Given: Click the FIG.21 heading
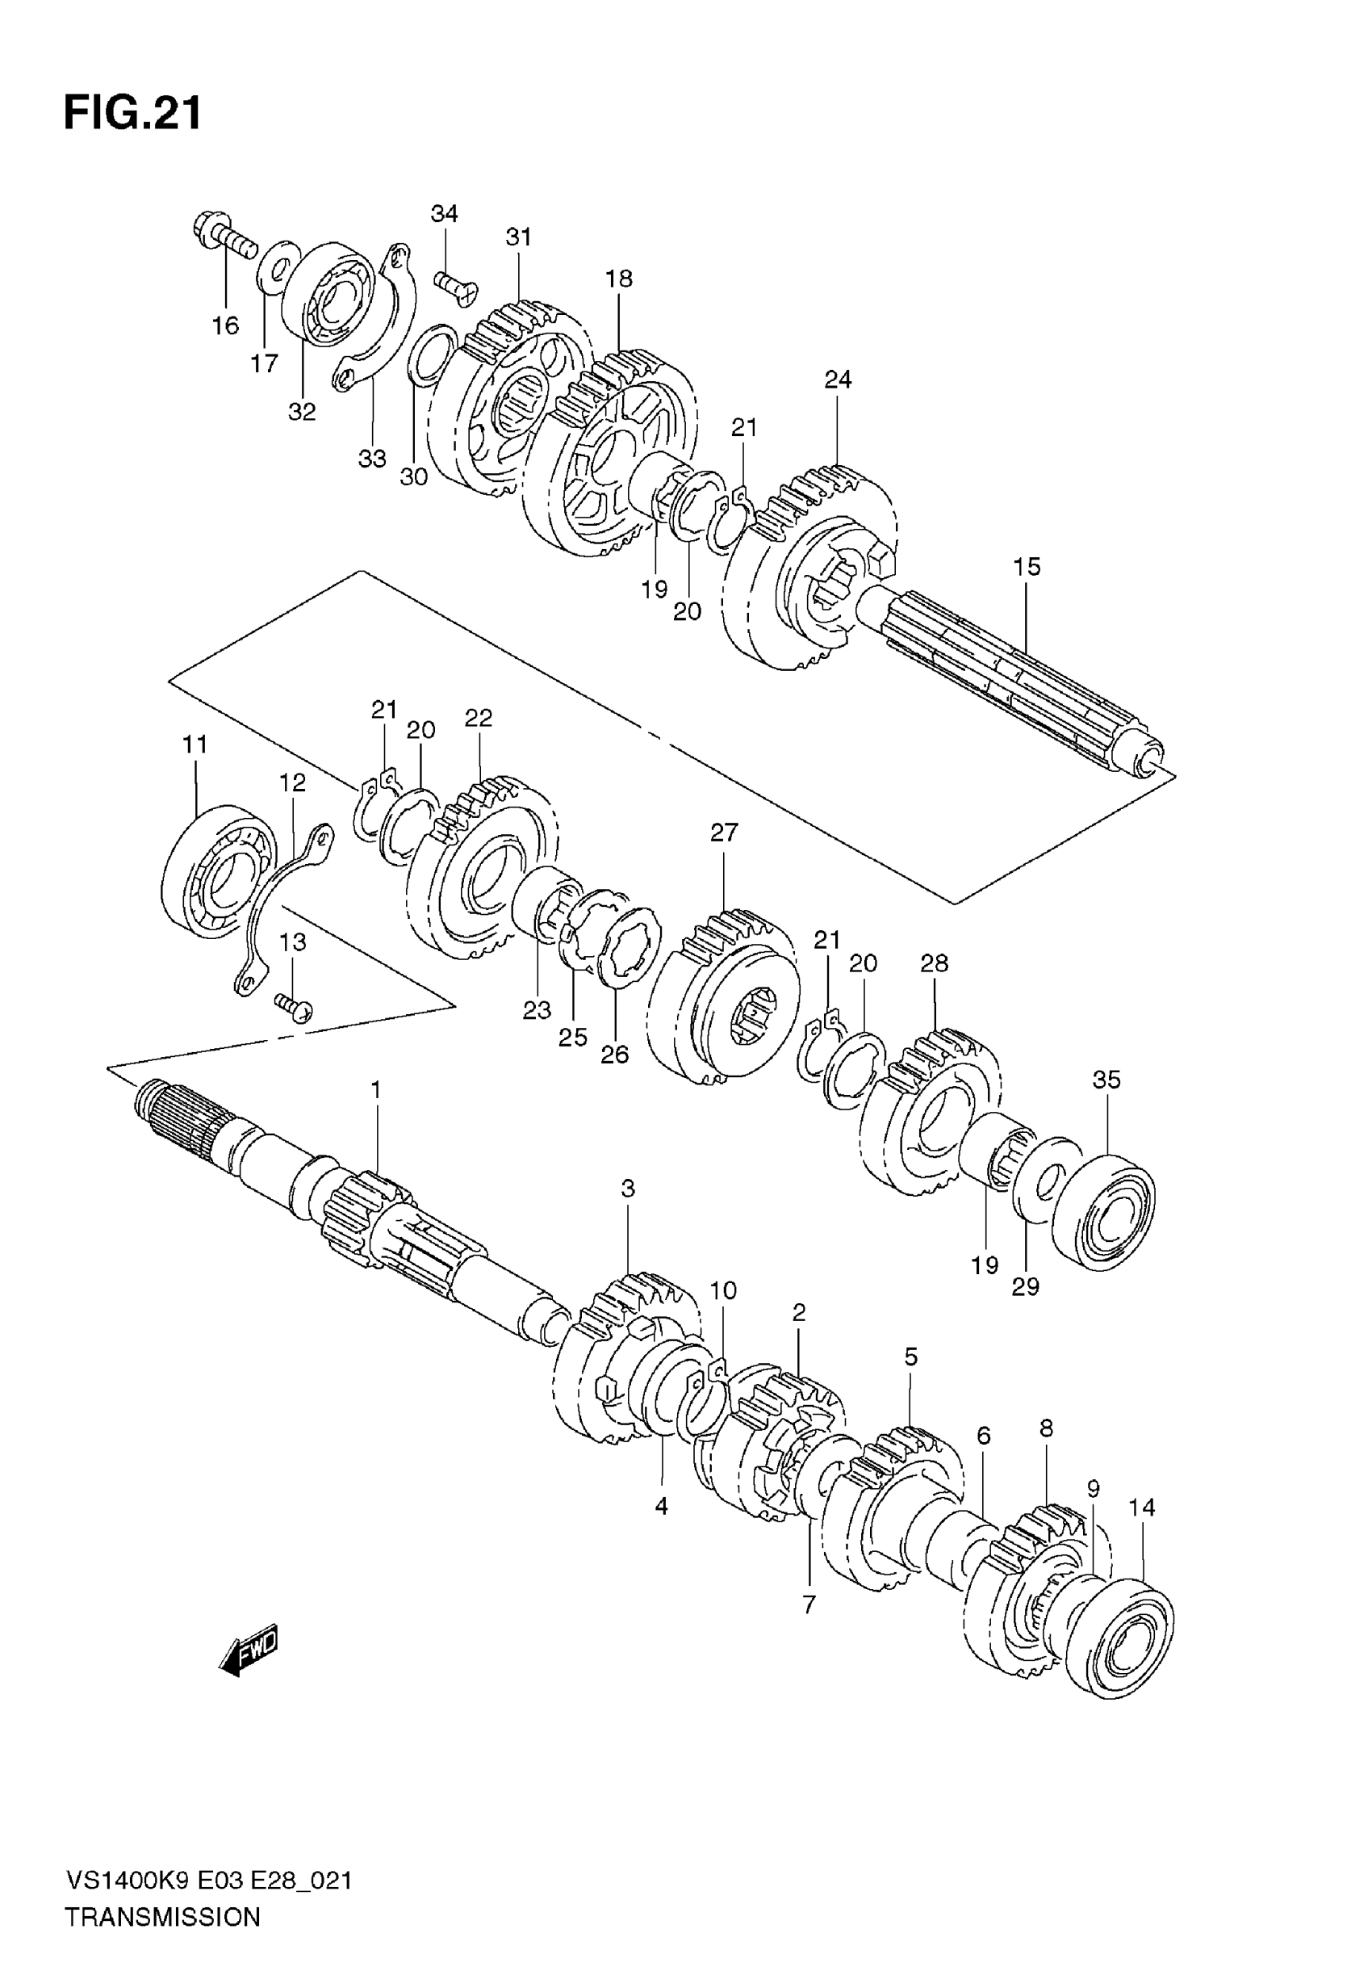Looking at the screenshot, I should tap(133, 112).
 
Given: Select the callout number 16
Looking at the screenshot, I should tap(225, 326).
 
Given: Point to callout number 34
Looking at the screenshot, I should tap(445, 213).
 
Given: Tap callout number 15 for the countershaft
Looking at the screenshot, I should tap(1027, 567).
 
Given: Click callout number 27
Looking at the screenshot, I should tap(724, 833).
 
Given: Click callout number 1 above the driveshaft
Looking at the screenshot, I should tap(375, 1089).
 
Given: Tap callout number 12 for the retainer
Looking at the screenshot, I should tap(292, 782).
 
